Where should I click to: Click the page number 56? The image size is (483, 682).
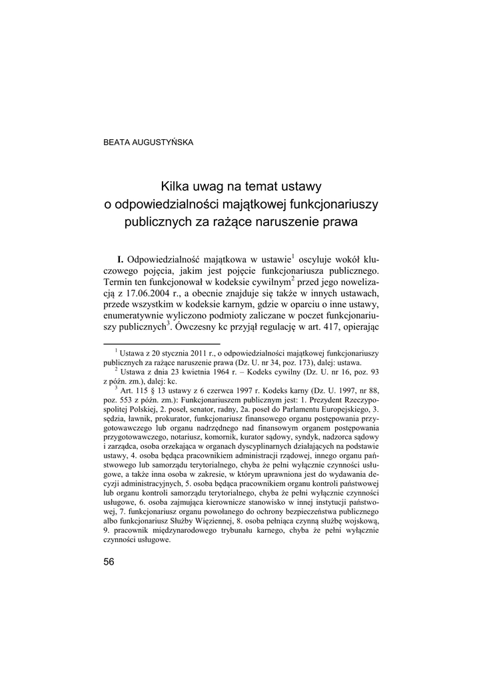coord(109,561)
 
